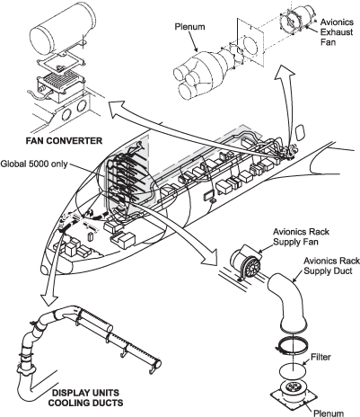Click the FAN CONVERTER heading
click(x=64, y=140)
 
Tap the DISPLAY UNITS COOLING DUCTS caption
click(x=85, y=397)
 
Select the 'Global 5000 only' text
click(x=34, y=164)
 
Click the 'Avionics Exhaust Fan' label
click(x=337, y=31)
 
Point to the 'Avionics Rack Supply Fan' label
click(x=301, y=236)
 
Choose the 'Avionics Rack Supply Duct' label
click(x=331, y=265)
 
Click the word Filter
click(x=320, y=357)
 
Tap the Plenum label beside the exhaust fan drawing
click(x=189, y=27)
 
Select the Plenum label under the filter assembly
click(x=329, y=413)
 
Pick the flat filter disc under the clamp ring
click(x=293, y=370)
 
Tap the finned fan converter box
click(x=61, y=85)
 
